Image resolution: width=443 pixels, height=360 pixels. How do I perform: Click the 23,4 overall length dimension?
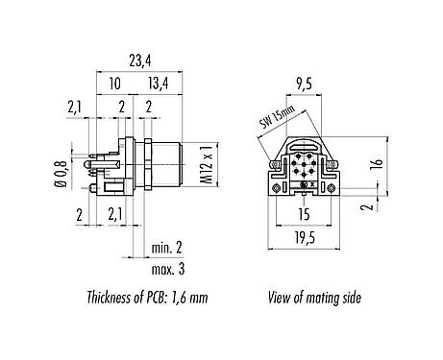140,60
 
